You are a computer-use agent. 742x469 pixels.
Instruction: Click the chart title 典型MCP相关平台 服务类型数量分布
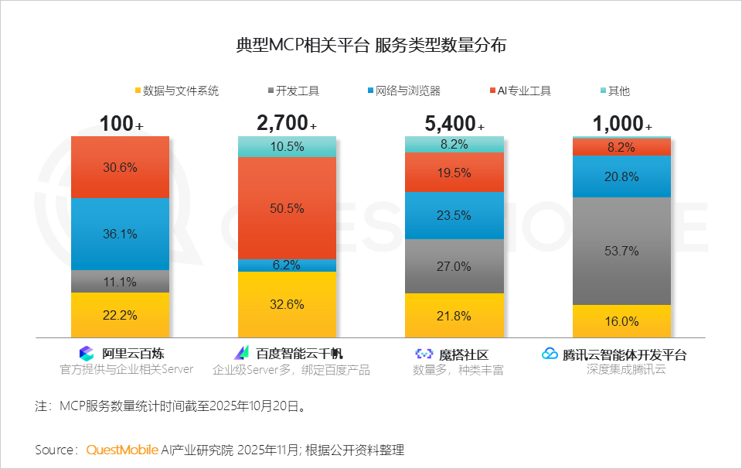[371, 45]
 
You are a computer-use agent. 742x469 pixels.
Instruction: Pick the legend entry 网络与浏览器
[403, 91]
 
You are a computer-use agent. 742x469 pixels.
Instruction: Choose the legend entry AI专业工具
[519, 91]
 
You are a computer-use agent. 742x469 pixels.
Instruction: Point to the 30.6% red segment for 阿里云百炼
[120, 166]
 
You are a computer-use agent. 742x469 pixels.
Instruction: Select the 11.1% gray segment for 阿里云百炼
[120, 281]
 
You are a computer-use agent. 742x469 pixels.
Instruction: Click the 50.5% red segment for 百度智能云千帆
[287, 208]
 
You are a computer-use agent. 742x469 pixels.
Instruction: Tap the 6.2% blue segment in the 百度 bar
[287, 265]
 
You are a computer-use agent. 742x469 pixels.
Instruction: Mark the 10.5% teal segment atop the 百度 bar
[287, 146]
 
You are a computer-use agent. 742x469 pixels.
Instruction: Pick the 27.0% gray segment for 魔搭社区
[454, 266]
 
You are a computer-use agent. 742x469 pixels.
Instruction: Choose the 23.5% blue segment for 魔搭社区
[454, 215]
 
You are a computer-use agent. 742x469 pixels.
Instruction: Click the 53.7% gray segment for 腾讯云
[621, 251]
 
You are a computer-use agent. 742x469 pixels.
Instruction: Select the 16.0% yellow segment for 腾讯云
[621, 321]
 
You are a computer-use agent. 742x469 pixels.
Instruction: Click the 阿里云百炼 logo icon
[87, 354]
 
